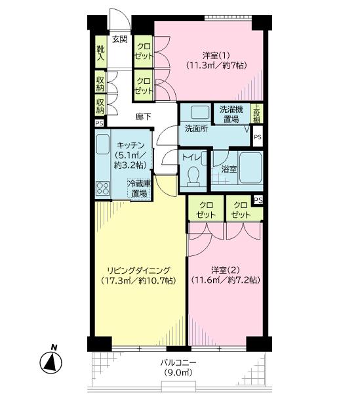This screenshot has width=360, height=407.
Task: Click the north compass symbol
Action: click(51, 362)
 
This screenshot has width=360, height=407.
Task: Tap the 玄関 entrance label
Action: click(120, 39)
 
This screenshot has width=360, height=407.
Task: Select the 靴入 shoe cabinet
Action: click(100, 52)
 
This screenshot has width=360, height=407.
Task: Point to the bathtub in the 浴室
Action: click(250, 168)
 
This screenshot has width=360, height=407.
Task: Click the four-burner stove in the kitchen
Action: click(103, 188)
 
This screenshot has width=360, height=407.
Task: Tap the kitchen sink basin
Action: click(103, 144)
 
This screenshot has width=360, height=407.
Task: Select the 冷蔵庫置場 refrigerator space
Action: click(139, 189)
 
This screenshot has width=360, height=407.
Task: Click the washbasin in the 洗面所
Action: click(200, 112)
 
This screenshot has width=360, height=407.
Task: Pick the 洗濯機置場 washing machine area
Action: click(231, 114)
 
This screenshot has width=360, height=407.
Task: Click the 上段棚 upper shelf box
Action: click(257, 114)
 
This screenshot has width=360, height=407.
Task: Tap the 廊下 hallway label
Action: click(143, 117)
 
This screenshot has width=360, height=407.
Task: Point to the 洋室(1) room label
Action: click(216, 55)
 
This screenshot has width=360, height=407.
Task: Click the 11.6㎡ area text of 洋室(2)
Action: click(207, 280)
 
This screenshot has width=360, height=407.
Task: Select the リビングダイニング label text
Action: click(139, 270)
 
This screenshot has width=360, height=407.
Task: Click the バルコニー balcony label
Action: click(178, 362)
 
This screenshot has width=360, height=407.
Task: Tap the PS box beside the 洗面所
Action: click(258, 137)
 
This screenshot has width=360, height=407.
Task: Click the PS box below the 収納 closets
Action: click(99, 123)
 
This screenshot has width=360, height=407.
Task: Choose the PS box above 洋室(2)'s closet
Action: click(258, 200)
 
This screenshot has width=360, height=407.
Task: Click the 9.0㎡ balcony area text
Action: click(178, 373)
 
